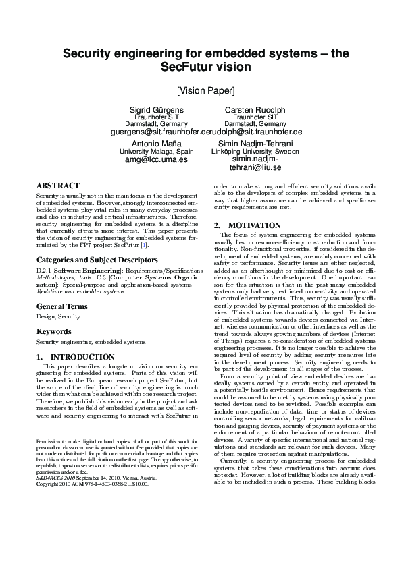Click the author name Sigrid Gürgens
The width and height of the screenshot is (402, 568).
(156, 109)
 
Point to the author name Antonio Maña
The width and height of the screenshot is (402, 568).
(156, 144)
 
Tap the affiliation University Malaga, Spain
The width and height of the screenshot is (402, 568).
(156, 152)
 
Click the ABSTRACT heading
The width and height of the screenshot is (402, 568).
(57, 185)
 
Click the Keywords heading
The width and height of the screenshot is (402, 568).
(53, 331)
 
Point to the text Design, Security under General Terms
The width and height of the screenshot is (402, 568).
(58, 316)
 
